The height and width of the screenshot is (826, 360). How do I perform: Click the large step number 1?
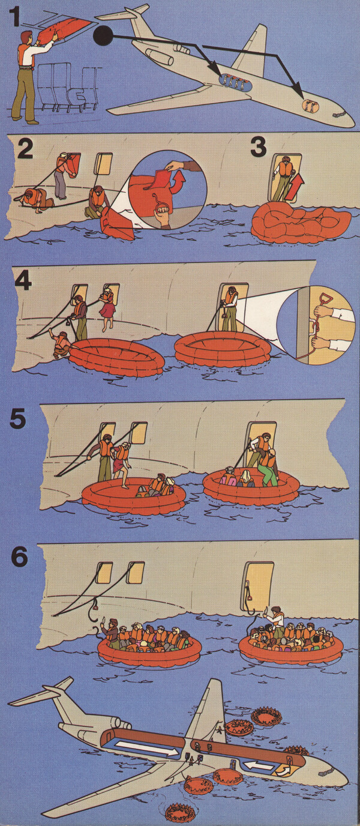coord(14,17)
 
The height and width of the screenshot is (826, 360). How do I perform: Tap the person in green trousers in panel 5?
coord(268,467)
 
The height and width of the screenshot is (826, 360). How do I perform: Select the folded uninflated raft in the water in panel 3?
coord(301,223)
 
